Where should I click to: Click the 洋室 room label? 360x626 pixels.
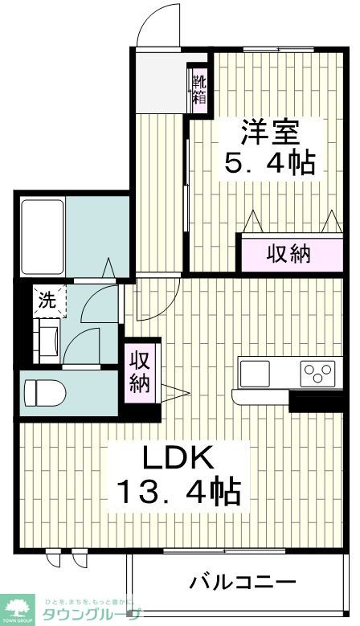click(269, 130)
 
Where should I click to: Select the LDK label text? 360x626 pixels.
click(178, 459)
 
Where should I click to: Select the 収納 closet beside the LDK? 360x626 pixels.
click(140, 372)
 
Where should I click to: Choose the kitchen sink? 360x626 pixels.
click(256, 374)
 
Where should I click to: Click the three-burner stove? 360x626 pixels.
click(317, 374)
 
